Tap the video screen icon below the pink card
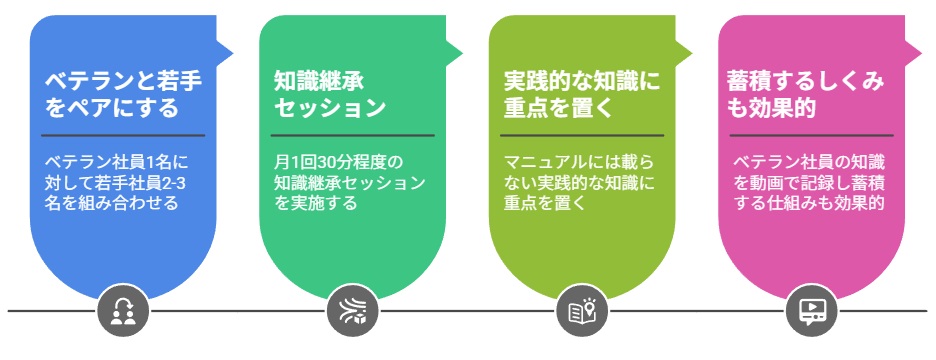(811, 312)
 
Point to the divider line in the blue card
(123, 135)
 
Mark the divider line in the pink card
(811, 135)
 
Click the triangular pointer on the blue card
(224, 50)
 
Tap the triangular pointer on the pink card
(913, 50)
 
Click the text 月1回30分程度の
(338, 161)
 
